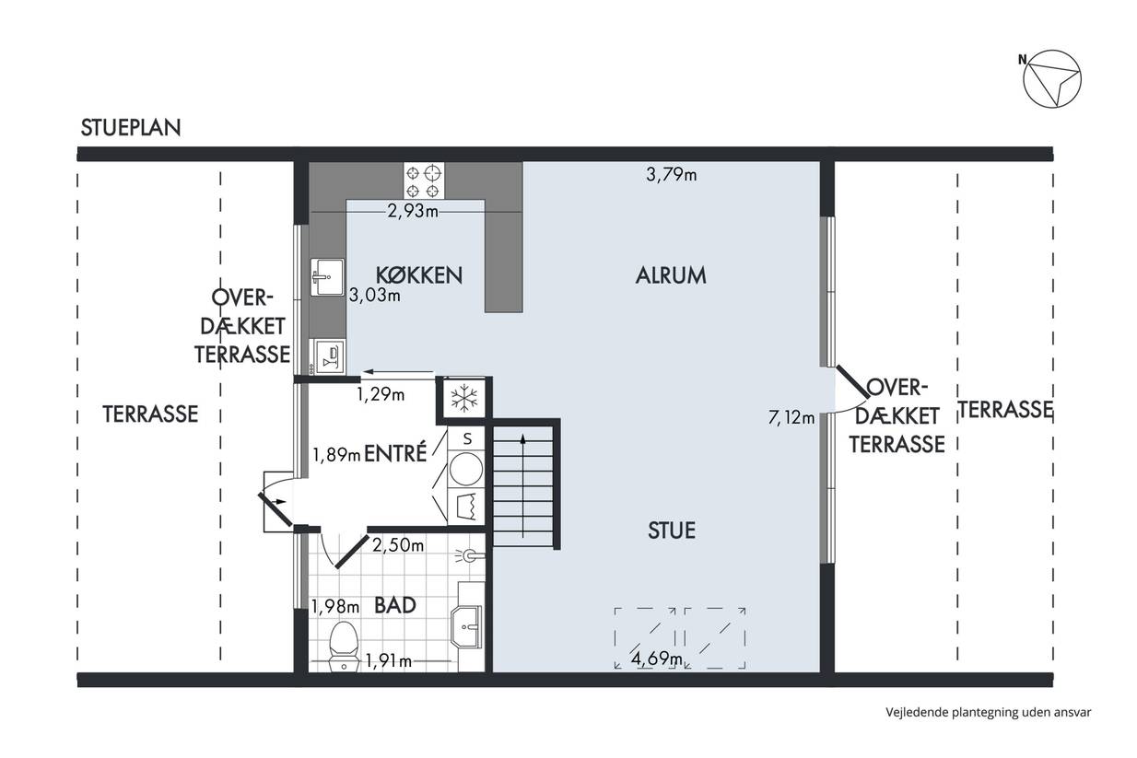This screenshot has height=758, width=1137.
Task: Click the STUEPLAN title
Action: coord(131,128)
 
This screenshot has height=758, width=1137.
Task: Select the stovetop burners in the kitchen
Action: coord(424,181)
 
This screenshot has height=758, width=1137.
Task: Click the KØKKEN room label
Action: coord(419,274)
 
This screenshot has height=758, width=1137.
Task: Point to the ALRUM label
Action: coord(671,275)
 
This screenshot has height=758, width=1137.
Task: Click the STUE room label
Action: coord(672,531)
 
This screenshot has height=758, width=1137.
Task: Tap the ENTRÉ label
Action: coord(395,453)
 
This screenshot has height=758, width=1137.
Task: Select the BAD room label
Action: coord(395,605)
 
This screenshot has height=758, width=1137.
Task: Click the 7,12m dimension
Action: coord(791,417)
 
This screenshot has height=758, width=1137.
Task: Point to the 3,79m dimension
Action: coord(671,175)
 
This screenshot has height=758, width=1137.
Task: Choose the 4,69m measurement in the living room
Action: coord(657,659)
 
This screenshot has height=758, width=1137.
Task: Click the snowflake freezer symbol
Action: coord(464,398)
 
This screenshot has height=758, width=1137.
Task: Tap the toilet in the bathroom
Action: coord(343,647)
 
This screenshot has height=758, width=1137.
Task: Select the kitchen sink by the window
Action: coord(327,277)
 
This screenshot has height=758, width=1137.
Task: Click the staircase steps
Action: coord(523,486)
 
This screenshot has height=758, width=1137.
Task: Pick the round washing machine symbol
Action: coord(466,470)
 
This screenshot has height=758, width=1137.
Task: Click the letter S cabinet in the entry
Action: coord(466,439)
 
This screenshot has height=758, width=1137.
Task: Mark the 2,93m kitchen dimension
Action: coord(413,211)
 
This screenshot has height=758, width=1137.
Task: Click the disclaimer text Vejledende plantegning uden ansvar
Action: coord(989,712)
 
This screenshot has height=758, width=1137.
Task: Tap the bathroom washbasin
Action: coord(466,626)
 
